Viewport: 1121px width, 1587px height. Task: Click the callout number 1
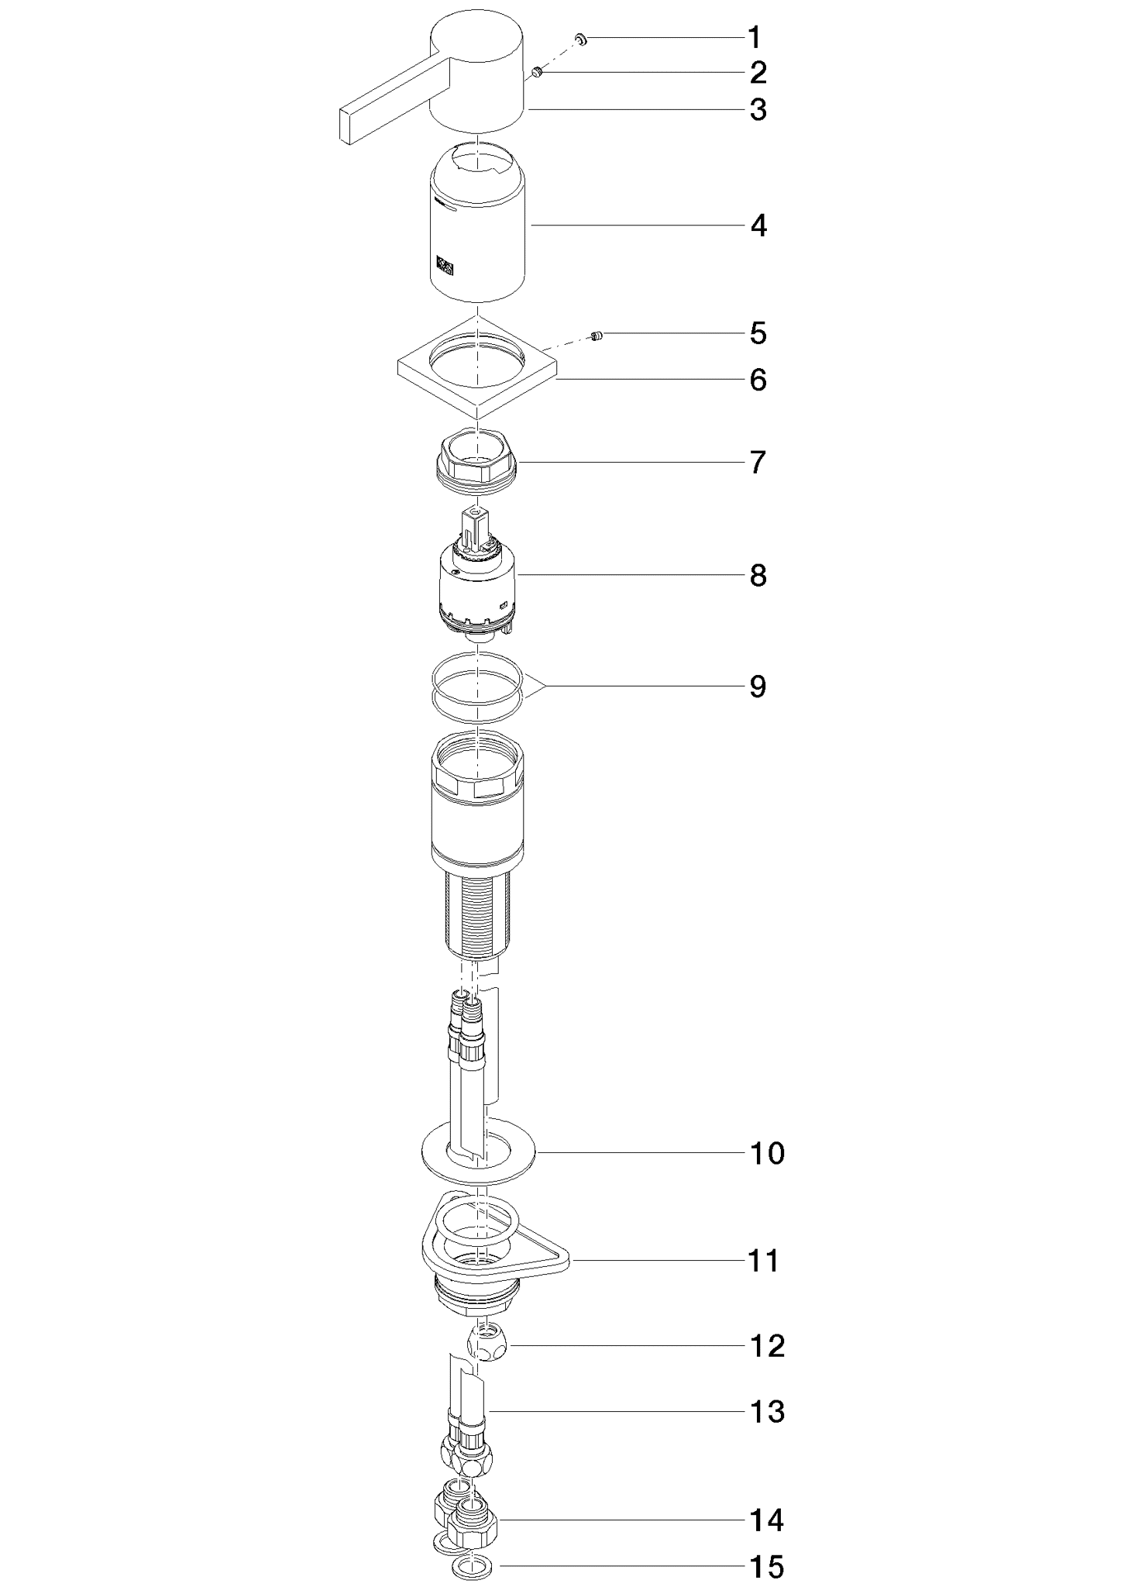click(x=754, y=37)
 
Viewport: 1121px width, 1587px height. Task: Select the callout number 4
click(x=758, y=226)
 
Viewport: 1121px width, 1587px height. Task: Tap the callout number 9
click(x=758, y=687)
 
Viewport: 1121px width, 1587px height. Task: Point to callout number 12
click(x=767, y=1346)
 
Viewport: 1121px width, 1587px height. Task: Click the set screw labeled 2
click(x=536, y=73)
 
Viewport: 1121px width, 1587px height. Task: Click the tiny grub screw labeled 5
click(x=597, y=336)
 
